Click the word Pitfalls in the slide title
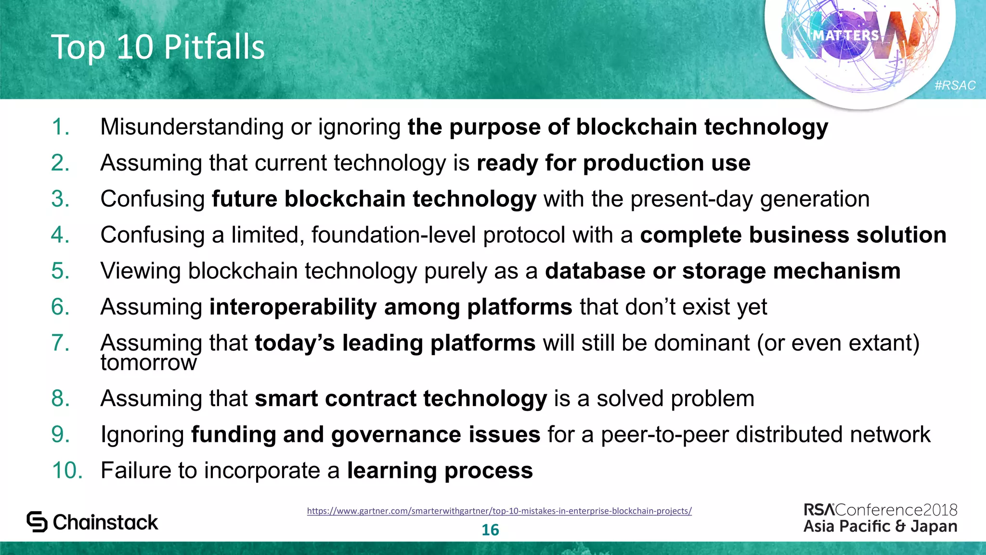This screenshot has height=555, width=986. pyautogui.click(x=214, y=47)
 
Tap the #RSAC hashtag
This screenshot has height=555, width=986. pyautogui.click(x=955, y=85)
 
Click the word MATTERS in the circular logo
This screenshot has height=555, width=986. pyautogui.click(x=846, y=35)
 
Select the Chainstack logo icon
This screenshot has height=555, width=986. pyautogui.click(x=37, y=522)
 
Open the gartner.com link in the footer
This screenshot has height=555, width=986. pyautogui.click(x=499, y=511)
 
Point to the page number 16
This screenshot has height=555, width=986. pyautogui.click(x=490, y=530)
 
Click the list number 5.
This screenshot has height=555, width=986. pyautogui.click(x=60, y=271)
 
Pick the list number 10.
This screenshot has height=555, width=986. pyautogui.click(x=67, y=470)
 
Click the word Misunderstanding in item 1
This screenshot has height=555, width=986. pyautogui.click(x=192, y=127)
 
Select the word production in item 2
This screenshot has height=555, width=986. pyautogui.click(x=643, y=163)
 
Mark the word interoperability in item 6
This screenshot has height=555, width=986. pyautogui.click(x=293, y=307)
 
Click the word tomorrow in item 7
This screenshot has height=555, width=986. pyautogui.click(x=148, y=363)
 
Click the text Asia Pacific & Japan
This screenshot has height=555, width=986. pyautogui.click(x=880, y=526)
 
